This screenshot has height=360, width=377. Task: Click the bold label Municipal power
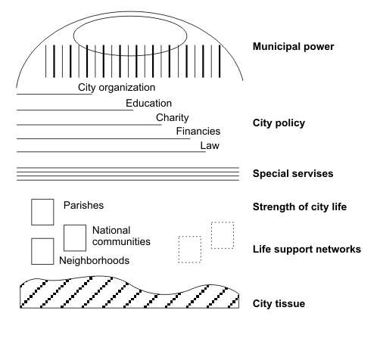(x=294, y=47)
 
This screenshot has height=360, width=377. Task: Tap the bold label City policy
(x=279, y=123)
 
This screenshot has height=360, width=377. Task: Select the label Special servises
(x=293, y=174)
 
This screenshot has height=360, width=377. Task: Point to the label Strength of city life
(x=300, y=207)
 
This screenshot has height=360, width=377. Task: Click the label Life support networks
(x=307, y=250)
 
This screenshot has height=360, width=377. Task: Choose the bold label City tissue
(x=279, y=303)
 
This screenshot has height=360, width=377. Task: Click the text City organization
(x=117, y=88)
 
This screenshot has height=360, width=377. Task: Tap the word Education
(x=149, y=104)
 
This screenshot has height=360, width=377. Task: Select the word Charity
(x=173, y=118)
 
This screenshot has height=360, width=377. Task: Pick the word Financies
(x=198, y=132)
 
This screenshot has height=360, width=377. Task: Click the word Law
(x=210, y=146)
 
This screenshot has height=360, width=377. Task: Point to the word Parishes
(x=83, y=205)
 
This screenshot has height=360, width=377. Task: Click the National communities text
(x=121, y=236)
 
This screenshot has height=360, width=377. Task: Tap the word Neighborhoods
(x=94, y=261)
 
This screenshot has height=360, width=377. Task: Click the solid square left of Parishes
(x=42, y=199)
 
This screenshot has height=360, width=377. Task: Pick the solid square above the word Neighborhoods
(x=42, y=238)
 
